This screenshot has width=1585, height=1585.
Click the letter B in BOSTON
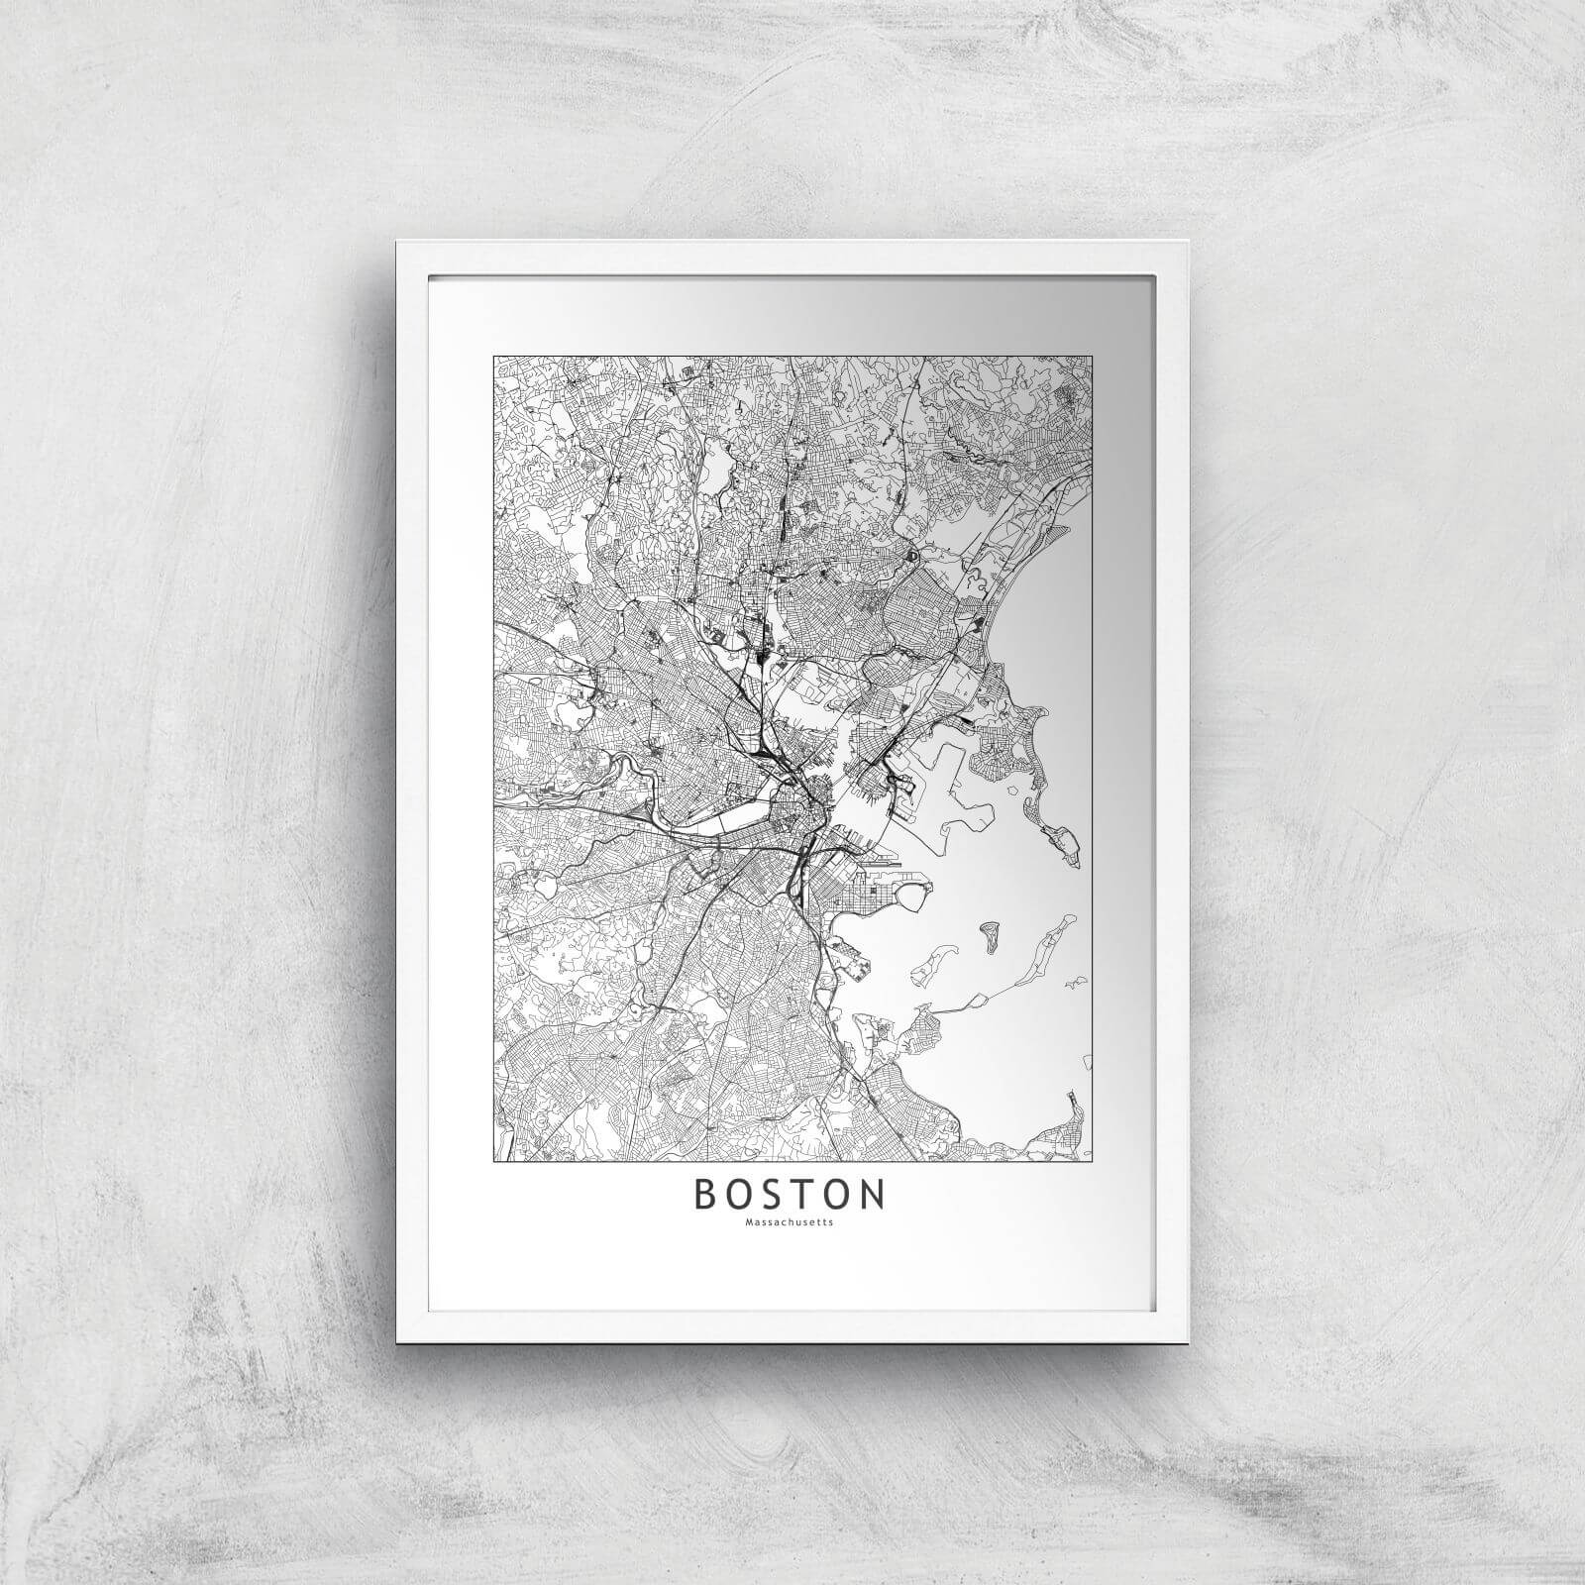tap(707, 1195)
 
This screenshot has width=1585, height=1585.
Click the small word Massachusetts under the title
tap(790, 1221)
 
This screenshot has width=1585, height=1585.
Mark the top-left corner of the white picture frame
tap(397, 241)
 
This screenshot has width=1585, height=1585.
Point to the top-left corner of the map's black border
tap(493, 356)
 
